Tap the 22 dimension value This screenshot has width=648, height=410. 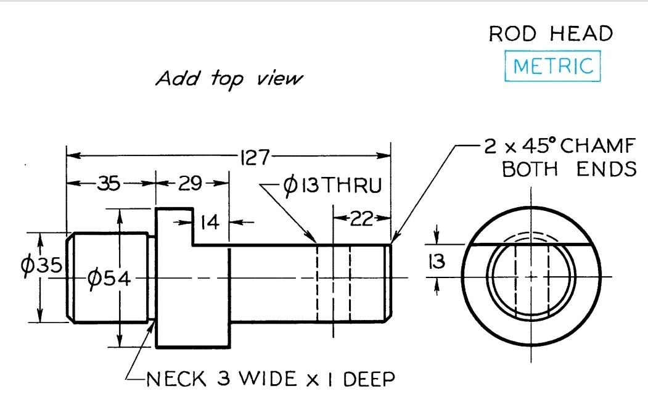pyautogui.click(x=362, y=218)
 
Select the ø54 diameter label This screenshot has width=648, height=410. pyautogui.click(x=109, y=279)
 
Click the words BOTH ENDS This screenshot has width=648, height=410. pyautogui.click(x=569, y=169)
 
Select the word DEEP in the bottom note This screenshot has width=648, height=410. pyautogui.click(x=368, y=378)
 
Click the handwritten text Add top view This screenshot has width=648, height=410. pyautogui.click(x=229, y=79)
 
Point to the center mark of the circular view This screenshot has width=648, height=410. pyautogui.click(x=530, y=276)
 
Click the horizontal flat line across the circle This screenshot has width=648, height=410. pyautogui.click(x=530, y=244)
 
